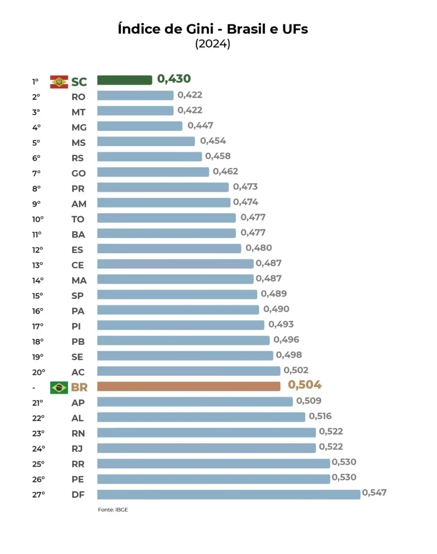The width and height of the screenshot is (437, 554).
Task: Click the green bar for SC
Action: point(125,80)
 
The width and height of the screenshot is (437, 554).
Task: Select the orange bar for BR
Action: point(188,386)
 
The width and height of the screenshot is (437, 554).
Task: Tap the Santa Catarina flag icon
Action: point(59,82)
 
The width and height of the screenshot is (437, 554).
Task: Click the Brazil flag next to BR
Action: point(59,387)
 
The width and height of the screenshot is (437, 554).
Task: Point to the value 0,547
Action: point(374,493)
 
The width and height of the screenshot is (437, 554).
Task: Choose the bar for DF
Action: point(229,494)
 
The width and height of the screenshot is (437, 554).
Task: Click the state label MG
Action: point(79,127)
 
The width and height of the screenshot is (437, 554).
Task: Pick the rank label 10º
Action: point(38,219)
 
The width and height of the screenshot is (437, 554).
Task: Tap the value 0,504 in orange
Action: point(305,385)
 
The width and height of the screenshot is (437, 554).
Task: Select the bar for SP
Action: point(177,294)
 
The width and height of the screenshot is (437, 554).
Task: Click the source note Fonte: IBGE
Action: point(113,509)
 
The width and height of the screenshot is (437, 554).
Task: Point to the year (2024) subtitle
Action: point(213,44)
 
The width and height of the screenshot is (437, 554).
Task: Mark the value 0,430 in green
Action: point(174,79)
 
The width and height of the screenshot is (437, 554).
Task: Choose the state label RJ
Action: point(77,449)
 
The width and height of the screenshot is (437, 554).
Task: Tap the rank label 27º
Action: point(38,495)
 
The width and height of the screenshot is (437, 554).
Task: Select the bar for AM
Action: point(163,203)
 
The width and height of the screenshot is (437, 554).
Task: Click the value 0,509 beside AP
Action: point(309,401)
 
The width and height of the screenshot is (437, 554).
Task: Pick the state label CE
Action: point(78,265)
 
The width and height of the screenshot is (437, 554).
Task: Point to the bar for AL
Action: point(201,417)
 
